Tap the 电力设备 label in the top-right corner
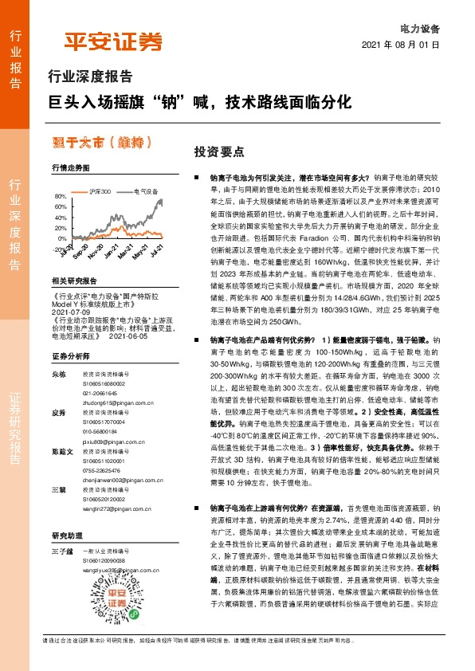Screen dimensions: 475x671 tap(418, 28)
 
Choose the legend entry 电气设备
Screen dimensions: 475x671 tap(145, 191)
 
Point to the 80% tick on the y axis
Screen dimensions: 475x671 tap(61, 196)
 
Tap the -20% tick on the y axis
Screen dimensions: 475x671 tap(60, 249)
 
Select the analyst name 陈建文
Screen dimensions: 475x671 tap(60, 451)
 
